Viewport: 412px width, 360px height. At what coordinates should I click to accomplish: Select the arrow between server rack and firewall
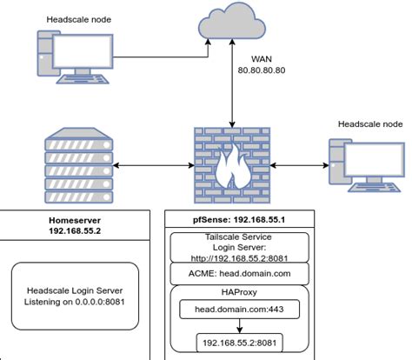click(x=151, y=163)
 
